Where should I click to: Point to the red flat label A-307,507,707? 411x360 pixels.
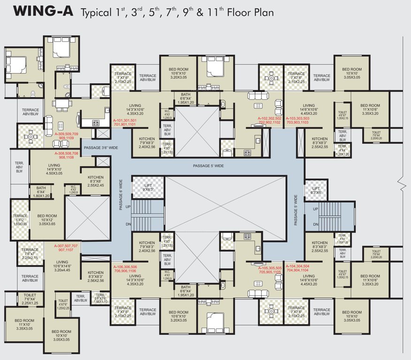coord(66,246)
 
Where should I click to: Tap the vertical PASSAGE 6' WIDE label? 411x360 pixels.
coord(121,195)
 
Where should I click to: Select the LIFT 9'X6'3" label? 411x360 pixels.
coord(148,187)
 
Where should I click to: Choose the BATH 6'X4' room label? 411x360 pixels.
coord(41,193)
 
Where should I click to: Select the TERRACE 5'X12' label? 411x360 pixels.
coord(20,220)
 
